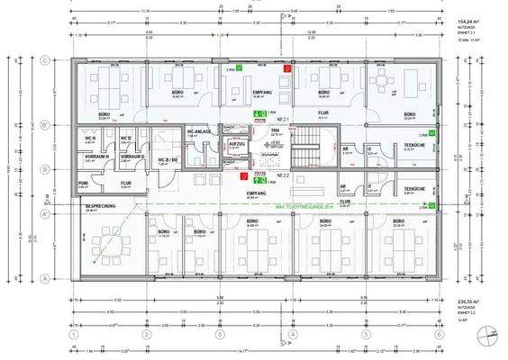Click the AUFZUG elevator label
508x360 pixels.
[238, 143]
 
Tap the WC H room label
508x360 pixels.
[89, 138]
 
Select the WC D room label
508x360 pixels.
[126, 138]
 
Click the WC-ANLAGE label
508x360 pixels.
[199, 133]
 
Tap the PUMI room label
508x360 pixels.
[82, 181]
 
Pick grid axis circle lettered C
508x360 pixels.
[44, 61]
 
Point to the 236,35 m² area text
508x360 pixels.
[466, 302]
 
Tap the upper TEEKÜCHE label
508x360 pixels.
[413, 146]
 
